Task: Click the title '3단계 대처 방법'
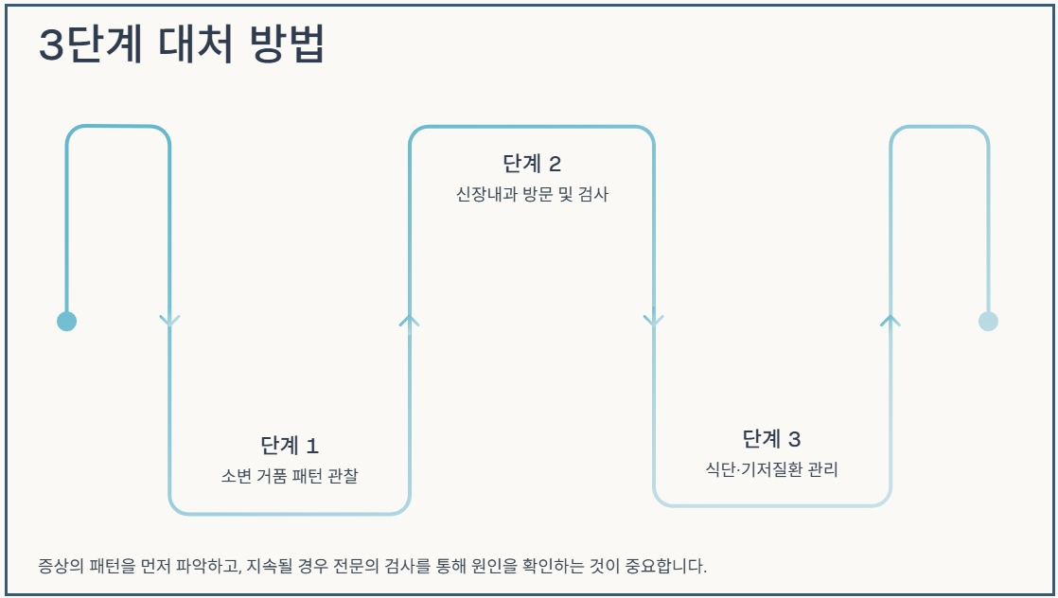(182, 44)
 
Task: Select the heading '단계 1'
(289, 445)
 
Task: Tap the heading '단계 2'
(532, 164)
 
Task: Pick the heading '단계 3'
(771, 439)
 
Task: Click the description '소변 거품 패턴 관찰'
(289, 475)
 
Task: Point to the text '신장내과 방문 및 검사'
(532, 195)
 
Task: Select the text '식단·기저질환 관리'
(771, 469)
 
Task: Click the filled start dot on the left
(66, 321)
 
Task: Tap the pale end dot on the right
(988, 321)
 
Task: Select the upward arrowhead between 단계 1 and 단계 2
(409, 321)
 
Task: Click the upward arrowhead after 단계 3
(890, 321)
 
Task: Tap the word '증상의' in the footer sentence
(58, 567)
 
